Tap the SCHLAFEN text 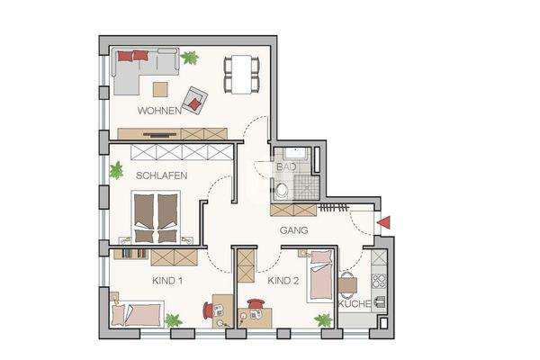tap(161, 175)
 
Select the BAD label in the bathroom tap(286, 167)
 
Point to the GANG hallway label tap(293, 230)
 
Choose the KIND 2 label tap(283, 281)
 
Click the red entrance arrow tap(383, 222)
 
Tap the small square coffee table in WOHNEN tap(160, 89)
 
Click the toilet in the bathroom tap(283, 190)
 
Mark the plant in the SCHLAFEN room tap(116, 169)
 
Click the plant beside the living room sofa tap(189, 58)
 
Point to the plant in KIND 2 tap(322, 319)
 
